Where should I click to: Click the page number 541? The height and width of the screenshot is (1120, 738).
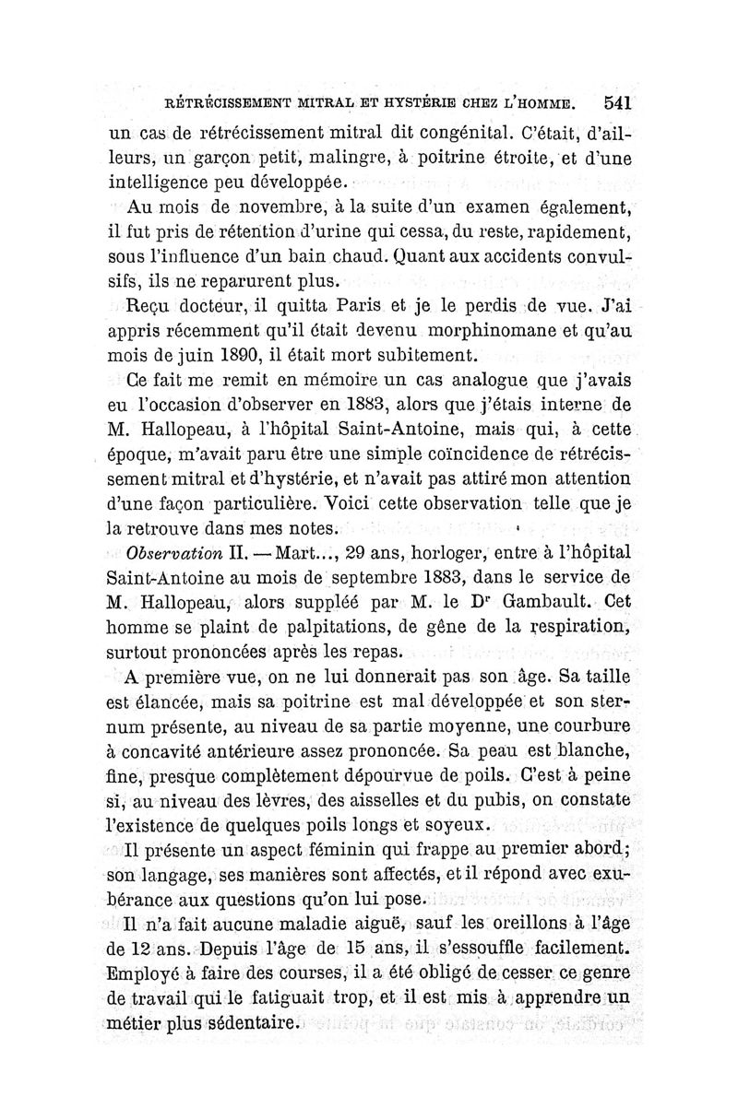pyautogui.click(x=613, y=101)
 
